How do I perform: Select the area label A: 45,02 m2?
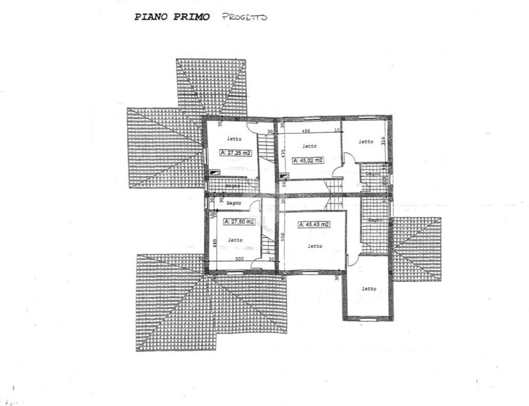308,160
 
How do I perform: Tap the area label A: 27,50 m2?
239,222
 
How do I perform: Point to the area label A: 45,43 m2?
314,225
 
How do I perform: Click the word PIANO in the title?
151,17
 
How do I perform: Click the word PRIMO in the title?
192,17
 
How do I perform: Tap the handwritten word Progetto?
244,17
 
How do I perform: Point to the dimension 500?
239,259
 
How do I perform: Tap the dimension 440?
214,243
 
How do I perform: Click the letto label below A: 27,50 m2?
236,240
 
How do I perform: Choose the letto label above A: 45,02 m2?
309,146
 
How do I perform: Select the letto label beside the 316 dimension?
366,142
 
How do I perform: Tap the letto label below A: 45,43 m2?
314,246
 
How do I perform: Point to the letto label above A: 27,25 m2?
234,138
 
